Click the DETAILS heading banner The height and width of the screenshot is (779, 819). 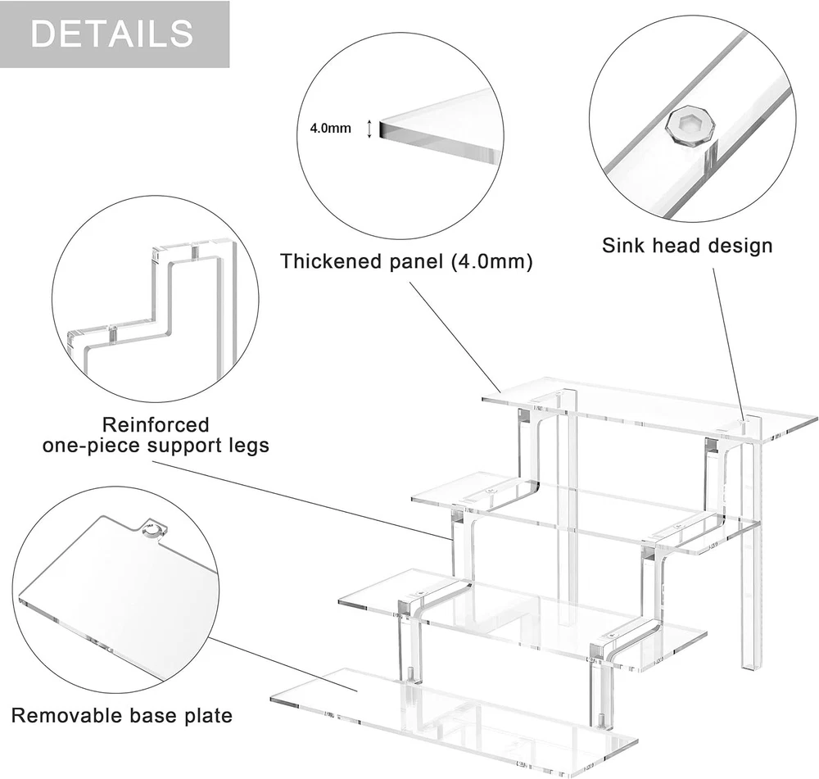pyautogui.click(x=114, y=34)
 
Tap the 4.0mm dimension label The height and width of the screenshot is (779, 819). pyautogui.click(x=330, y=128)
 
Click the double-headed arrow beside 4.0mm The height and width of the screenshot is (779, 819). pyautogui.click(x=369, y=128)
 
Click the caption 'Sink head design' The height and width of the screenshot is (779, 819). pyautogui.click(x=687, y=245)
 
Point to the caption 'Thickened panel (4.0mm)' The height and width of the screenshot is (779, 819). pyautogui.click(x=407, y=261)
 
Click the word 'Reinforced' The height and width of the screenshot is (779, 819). pyautogui.click(x=156, y=424)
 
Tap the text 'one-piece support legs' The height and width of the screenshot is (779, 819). pyautogui.click(x=156, y=446)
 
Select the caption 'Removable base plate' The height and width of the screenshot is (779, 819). pyautogui.click(x=121, y=715)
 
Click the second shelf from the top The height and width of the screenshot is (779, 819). pyautogui.click(x=573, y=512)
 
